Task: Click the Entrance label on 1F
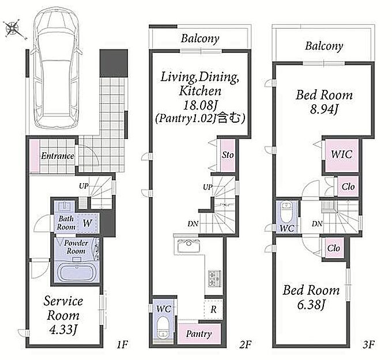(x=58, y=156)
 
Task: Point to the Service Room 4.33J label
(x=63, y=315)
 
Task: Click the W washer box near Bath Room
(x=87, y=223)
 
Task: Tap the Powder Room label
(x=76, y=247)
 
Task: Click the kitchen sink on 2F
(x=189, y=245)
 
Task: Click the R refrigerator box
(x=213, y=309)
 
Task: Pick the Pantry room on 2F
(x=199, y=334)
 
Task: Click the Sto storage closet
(x=228, y=155)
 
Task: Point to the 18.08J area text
(x=200, y=105)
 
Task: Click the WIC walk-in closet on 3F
(x=341, y=154)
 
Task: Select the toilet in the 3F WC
(x=287, y=213)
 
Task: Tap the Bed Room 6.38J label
(x=311, y=297)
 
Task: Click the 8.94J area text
(x=324, y=109)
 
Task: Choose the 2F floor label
(x=245, y=344)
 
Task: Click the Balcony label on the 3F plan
(x=324, y=47)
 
